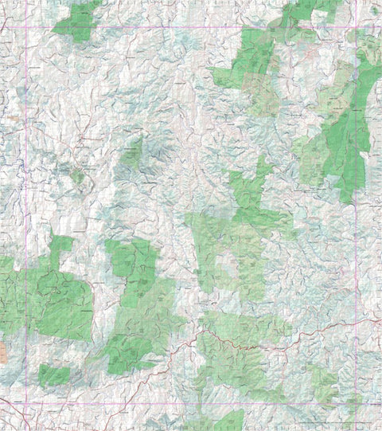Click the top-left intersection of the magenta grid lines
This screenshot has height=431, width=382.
(x=26, y=28)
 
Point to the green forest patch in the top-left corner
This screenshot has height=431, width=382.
(x=78, y=22)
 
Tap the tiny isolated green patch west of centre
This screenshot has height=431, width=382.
(x=77, y=176)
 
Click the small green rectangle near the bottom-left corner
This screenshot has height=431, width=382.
(x=54, y=374)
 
